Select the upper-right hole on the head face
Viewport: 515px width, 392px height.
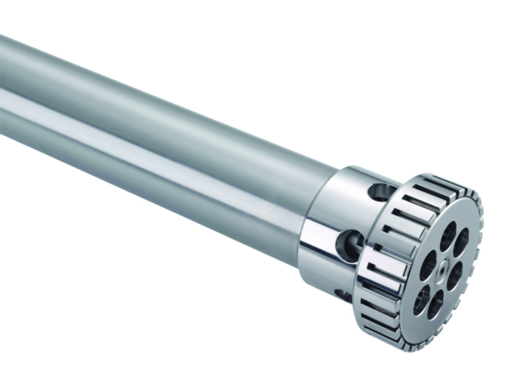[x=461, y=242]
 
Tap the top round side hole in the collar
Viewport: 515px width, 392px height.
[x=382, y=192]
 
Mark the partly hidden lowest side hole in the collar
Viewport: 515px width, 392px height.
[x=343, y=295]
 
